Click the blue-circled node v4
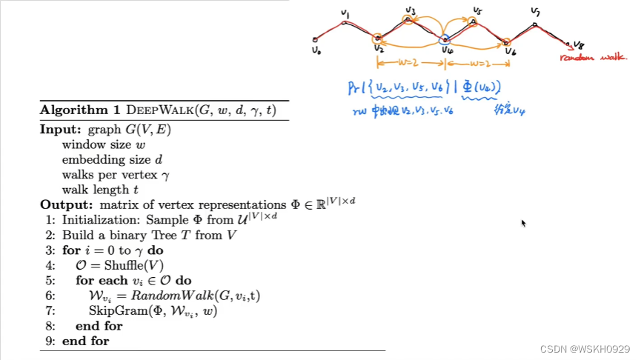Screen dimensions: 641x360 (x=444, y=40)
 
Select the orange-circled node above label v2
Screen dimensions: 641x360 (x=378, y=38)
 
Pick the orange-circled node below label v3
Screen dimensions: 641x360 (x=409, y=19)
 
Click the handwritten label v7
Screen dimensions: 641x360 (x=535, y=13)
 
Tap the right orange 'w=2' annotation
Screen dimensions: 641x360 (x=477, y=64)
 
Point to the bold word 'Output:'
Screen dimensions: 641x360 (x=62, y=204)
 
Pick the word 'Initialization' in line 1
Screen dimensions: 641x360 (x=96, y=219)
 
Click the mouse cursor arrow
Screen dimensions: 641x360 (x=523, y=222)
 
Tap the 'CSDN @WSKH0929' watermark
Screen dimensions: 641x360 (x=585, y=349)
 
